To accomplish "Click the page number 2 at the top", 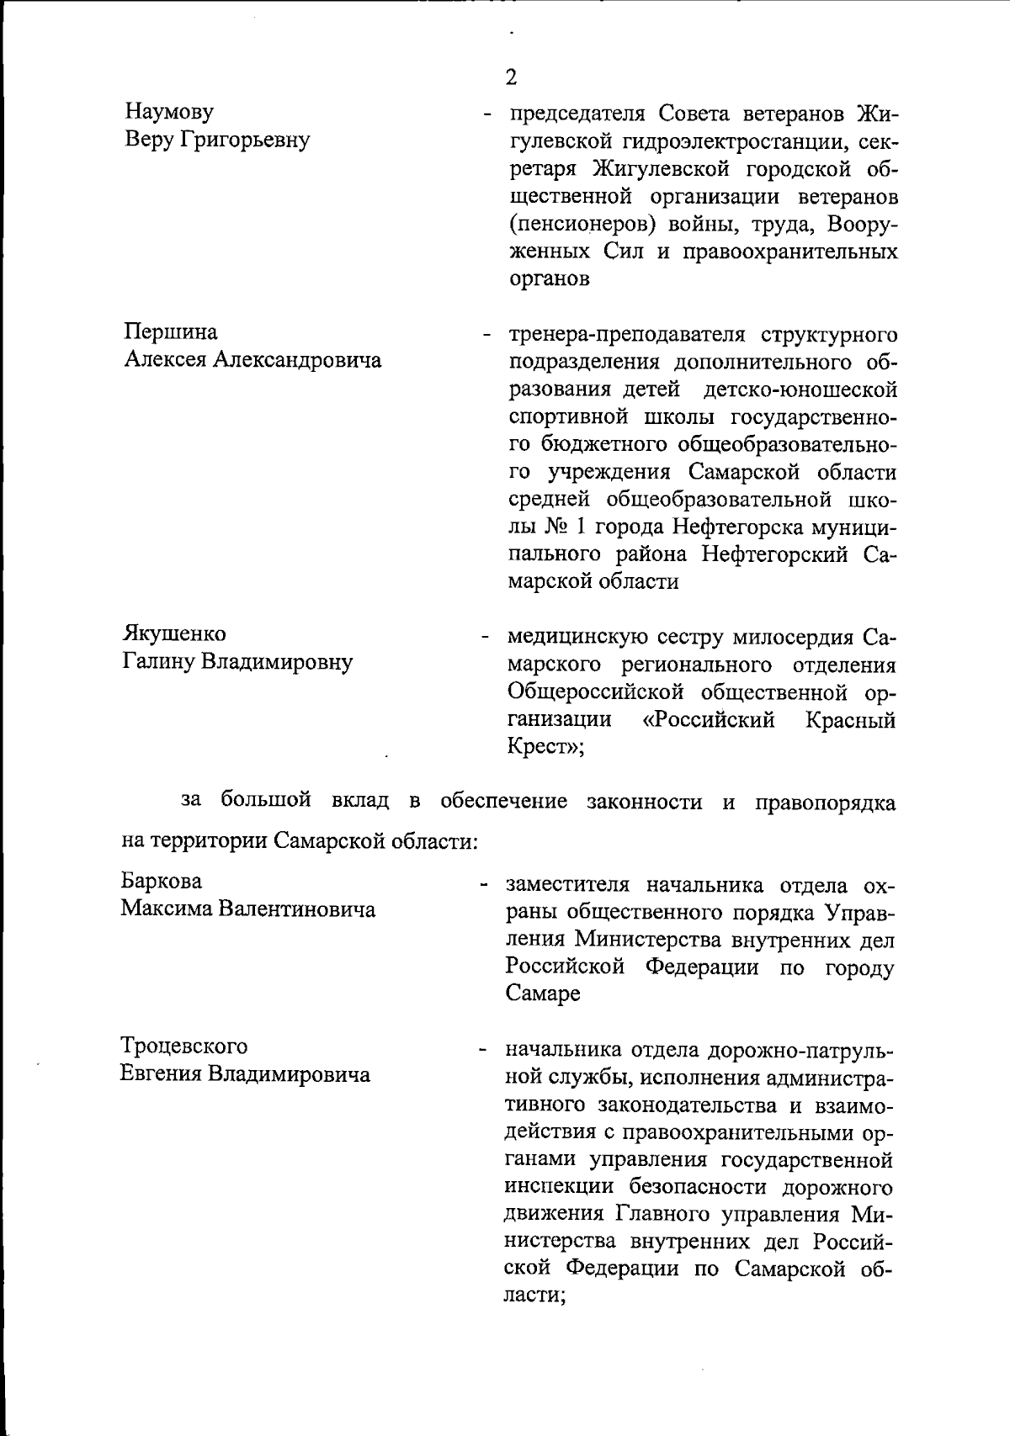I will (x=511, y=78).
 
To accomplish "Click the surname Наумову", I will (x=169, y=111).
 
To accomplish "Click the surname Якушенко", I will (x=174, y=633).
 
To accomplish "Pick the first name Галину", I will (x=157, y=661).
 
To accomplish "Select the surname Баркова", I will (x=162, y=881).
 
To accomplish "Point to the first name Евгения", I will (x=161, y=1074).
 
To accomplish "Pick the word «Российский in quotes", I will (x=708, y=720).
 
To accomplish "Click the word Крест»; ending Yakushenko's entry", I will (x=545, y=747).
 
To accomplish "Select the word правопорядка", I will (x=825, y=802).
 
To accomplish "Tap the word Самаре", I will (x=543, y=994).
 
